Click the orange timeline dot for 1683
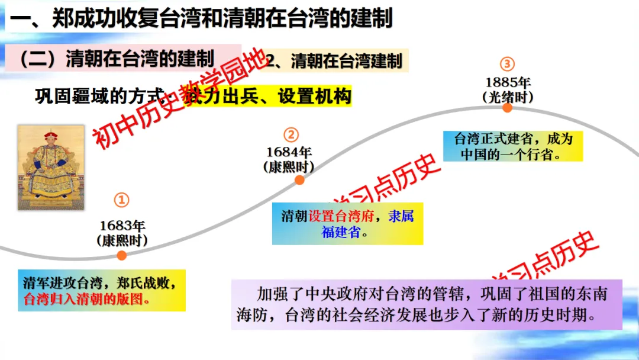pos(121,256)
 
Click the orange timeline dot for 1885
pos(508,108)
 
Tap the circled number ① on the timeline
pos(121,200)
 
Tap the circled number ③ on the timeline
pos(507,64)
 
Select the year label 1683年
pos(122,226)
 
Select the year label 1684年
pos(288,152)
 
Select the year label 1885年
pos(508,82)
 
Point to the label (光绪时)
pos(508,97)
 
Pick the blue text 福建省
pos(341,232)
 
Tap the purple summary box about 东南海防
pos(426,304)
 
